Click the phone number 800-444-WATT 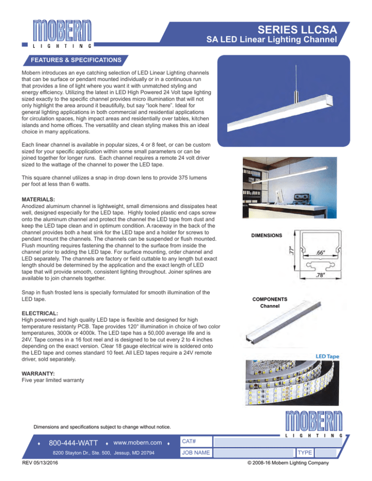pos(73,442)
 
